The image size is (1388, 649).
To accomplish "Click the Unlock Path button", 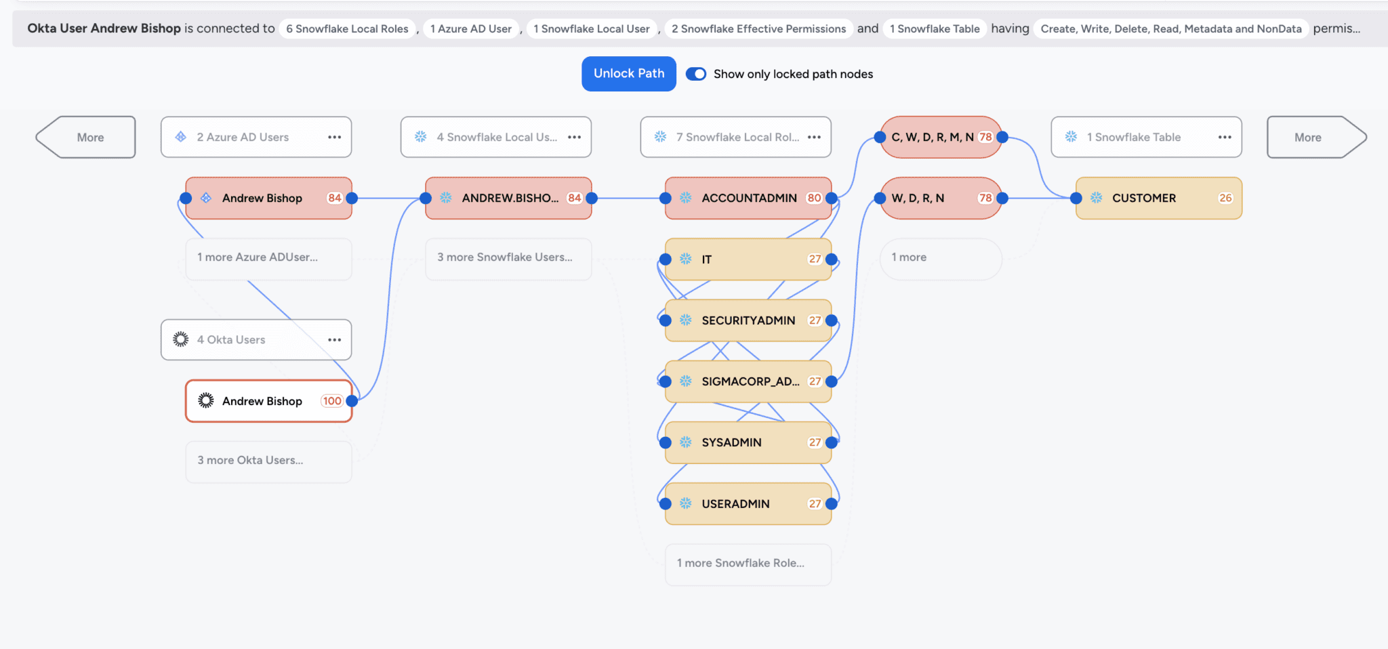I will (x=628, y=74).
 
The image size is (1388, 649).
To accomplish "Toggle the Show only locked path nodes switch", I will (x=696, y=74).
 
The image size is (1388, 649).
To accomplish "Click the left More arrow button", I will (x=86, y=138).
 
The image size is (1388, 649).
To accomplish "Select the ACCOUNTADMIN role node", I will (x=748, y=198).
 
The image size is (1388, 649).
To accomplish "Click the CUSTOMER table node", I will (x=1158, y=198).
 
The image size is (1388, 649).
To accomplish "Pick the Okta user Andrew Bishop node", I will (x=262, y=401).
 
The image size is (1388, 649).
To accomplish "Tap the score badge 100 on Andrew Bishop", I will (x=332, y=401).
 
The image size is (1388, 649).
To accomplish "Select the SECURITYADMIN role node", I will (x=748, y=320).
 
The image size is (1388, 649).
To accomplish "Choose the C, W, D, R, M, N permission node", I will (x=933, y=137).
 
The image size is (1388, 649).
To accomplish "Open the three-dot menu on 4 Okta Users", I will (x=334, y=340).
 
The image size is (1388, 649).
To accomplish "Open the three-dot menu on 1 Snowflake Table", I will (x=1224, y=137).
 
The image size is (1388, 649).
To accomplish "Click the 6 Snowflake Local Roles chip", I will (x=347, y=28).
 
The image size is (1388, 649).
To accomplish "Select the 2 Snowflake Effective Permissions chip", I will (x=758, y=28).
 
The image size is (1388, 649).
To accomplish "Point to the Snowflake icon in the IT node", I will (x=686, y=259).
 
